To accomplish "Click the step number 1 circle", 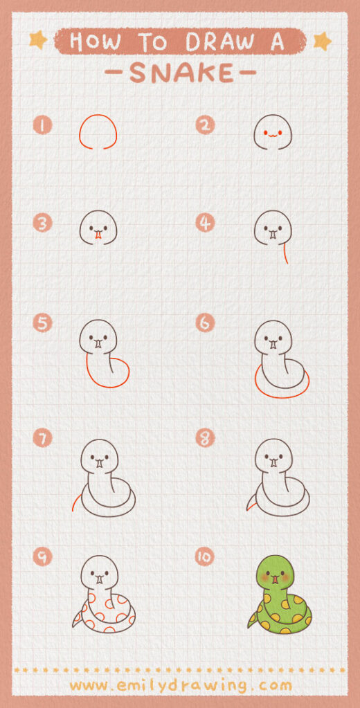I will click(43, 125).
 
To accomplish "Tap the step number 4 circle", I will click(206, 224).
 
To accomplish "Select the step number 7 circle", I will click(43, 438).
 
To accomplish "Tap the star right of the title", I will click(322, 41).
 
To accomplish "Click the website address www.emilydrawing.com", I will click(180, 685).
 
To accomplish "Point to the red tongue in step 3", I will click(98, 237).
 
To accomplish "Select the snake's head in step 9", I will click(98, 572).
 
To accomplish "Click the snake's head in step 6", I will click(273, 340).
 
